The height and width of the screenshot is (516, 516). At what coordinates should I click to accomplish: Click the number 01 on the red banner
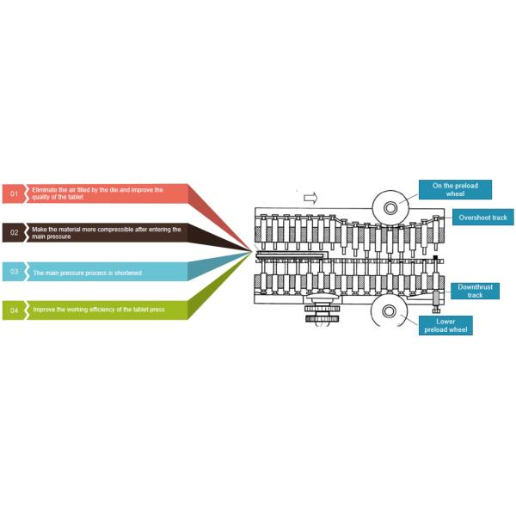pyautogui.click(x=14, y=194)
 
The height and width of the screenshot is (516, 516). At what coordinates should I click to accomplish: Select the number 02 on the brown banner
pyautogui.click(x=14, y=233)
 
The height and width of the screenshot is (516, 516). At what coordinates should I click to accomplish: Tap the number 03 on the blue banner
pyautogui.click(x=14, y=272)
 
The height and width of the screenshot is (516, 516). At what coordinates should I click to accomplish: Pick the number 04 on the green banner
pyautogui.click(x=14, y=310)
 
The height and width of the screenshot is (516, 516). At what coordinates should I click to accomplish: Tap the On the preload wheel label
pyautogui.click(x=449, y=190)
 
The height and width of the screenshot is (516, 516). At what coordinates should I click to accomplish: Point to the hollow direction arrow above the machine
pyautogui.click(x=310, y=197)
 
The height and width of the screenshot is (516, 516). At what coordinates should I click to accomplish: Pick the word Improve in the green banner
pyautogui.click(x=45, y=310)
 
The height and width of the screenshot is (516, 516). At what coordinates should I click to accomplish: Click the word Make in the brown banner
pyautogui.click(x=39, y=229)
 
